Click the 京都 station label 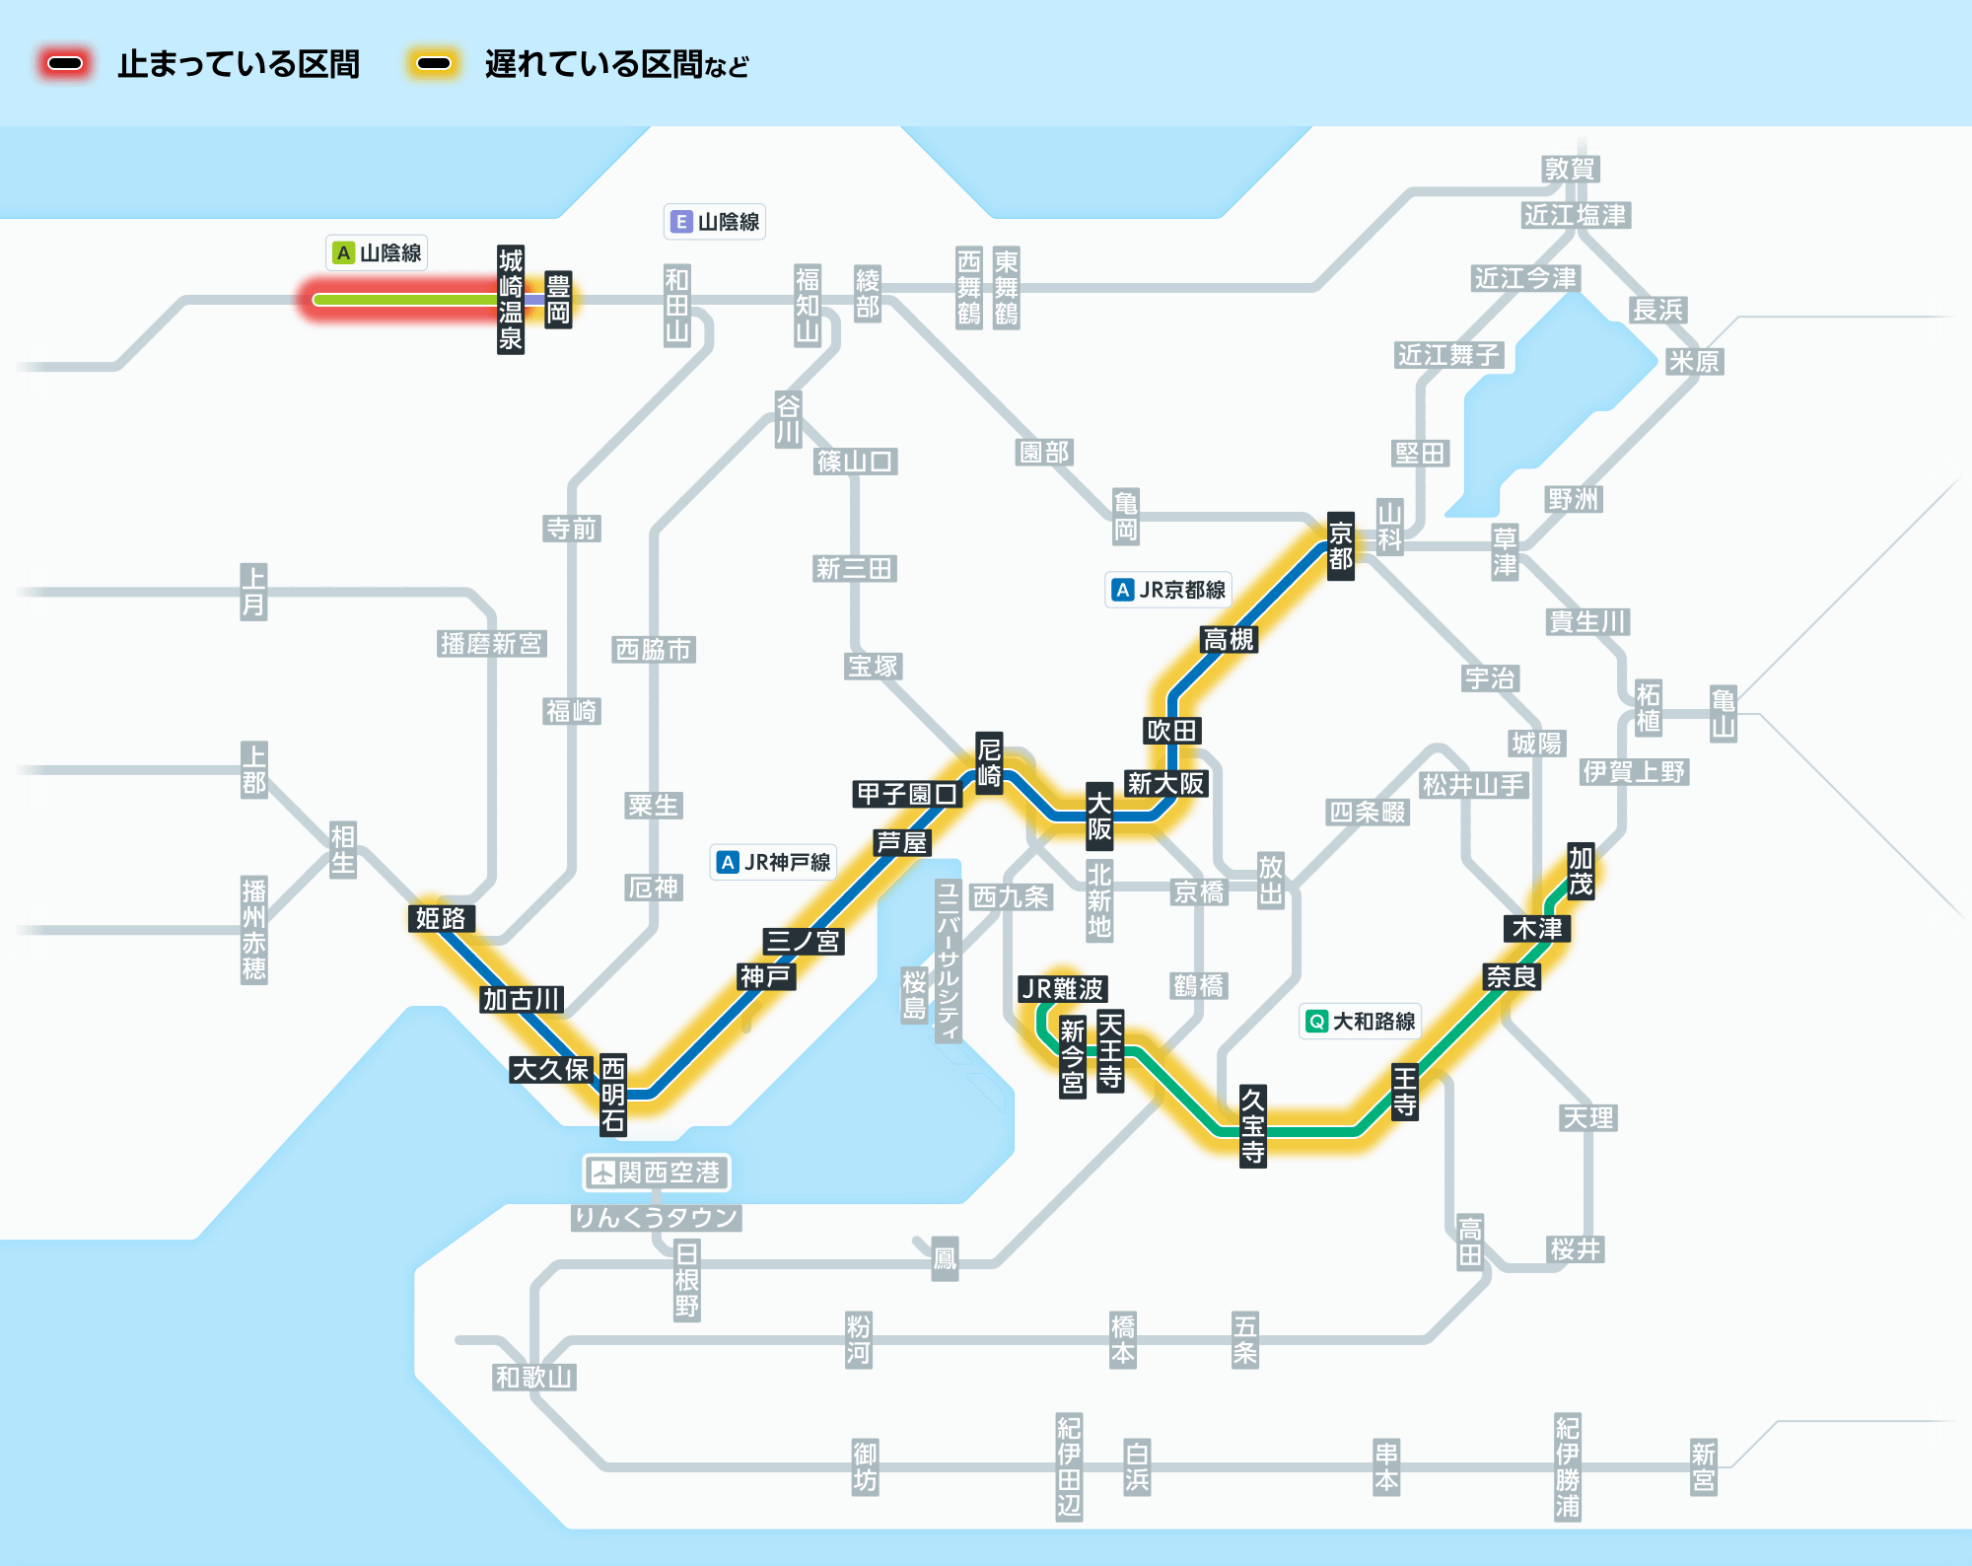click(x=1340, y=546)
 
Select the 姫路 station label click(x=441, y=919)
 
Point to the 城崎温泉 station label click(x=510, y=300)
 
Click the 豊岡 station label click(x=558, y=300)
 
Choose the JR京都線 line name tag click(x=1168, y=590)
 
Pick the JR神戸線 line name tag click(x=774, y=862)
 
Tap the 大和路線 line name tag click(x=1361, y=1021)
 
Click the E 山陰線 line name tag click(x=715, y=222)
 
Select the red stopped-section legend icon click(x=65, y=64)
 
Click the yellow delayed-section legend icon click(x=433, y=64)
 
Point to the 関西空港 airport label click(x=656, y=1173)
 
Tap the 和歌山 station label click(x=533, y=1378)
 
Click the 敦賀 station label click(x=1570, y=170)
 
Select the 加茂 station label click(x=1581, y=871)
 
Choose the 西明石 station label click(x=613, y=1095)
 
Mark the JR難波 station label click(x=1062, y=989)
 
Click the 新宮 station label click(x=1703, y=1467)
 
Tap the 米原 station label click(x=1693, y=362)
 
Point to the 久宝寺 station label click(x=1252, y=1125)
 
